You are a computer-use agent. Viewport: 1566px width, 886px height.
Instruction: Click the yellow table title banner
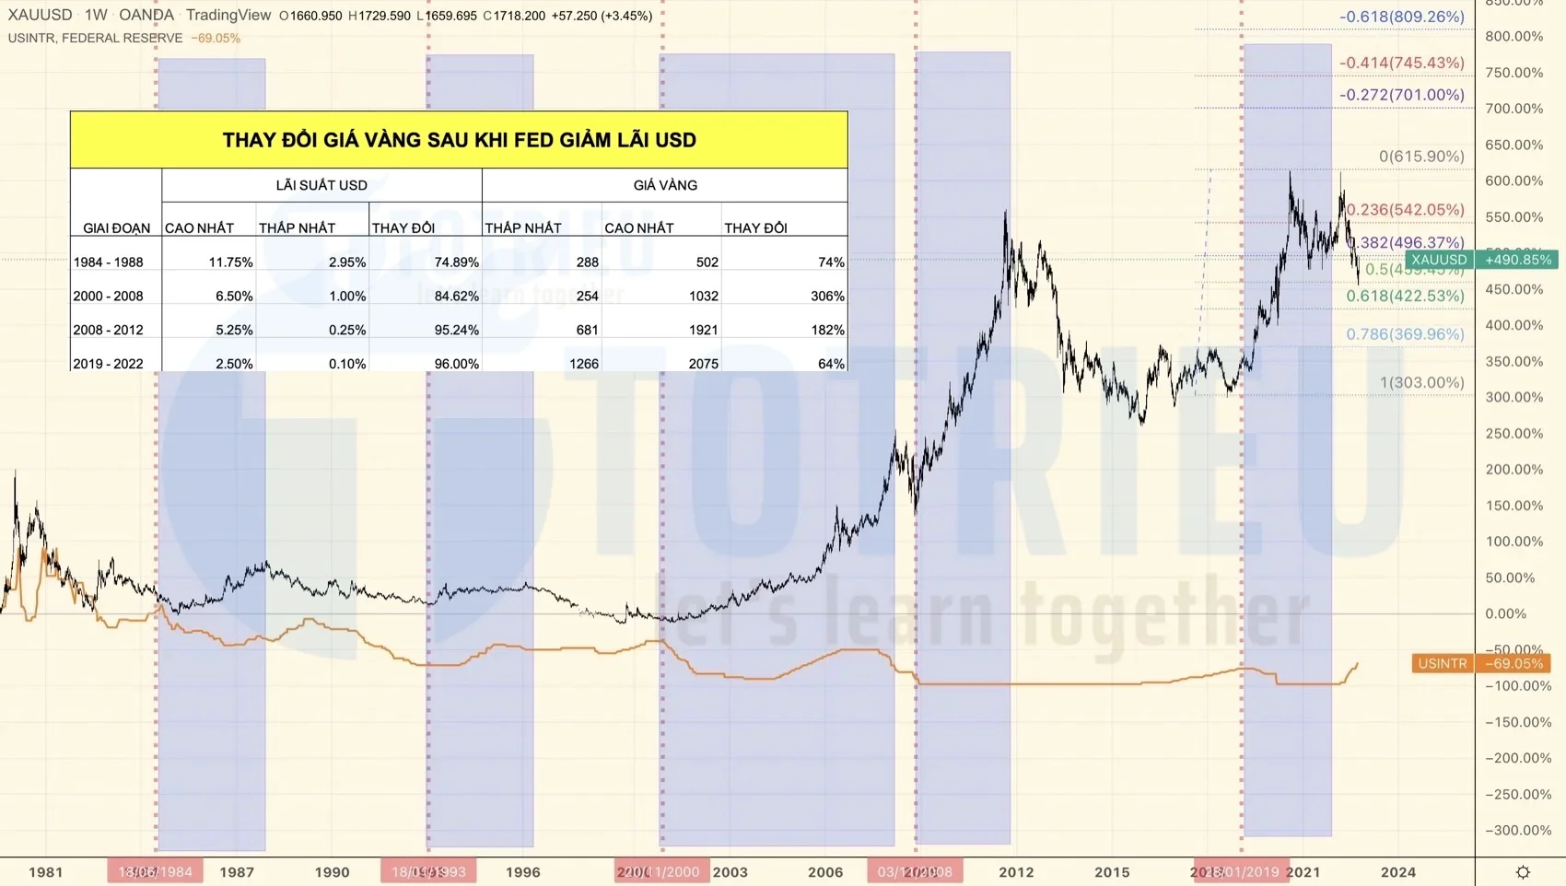coord(459,140)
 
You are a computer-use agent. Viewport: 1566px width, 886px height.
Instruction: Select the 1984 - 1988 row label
coord(109,262)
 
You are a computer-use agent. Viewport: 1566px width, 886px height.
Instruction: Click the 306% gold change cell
coord(826,296)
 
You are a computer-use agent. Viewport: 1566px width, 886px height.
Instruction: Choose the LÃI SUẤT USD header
coord(321,185)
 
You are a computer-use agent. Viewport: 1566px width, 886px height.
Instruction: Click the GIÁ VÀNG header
coord(664,185)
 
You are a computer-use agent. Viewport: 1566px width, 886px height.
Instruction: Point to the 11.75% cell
coord(230,262)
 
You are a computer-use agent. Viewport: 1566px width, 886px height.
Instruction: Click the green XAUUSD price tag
coord(1439,260)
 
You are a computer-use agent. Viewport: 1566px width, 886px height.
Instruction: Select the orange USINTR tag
coord(1443,663)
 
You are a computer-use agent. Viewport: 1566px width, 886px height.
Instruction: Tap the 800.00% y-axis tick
coord(1513,37)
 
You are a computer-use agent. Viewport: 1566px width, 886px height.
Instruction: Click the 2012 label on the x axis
coord(1016,871)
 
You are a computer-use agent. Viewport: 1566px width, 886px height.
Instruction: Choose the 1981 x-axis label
coord(46,871)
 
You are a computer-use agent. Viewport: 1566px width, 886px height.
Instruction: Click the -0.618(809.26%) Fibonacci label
coord(1401,17)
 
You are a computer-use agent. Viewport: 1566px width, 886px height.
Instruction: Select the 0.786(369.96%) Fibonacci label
coord(1405,334)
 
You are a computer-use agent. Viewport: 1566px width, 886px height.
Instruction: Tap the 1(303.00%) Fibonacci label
coord(1421,382)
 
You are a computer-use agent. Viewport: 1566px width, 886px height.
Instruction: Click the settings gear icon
coord(1523,871)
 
